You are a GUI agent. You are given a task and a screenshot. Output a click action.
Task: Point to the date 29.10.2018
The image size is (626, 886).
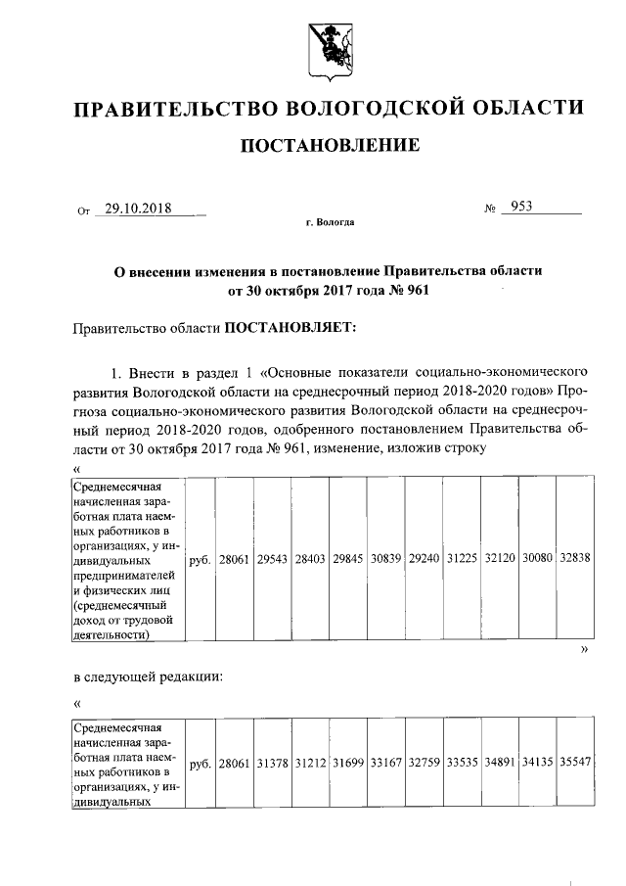pyautogui.click(x=137, y=209)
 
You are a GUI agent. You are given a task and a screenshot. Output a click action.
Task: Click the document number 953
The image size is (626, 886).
pyautogui.click(x=519, y=208)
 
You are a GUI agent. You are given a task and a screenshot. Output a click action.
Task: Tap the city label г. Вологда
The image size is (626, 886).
pyautogui.click(x=330, y=223)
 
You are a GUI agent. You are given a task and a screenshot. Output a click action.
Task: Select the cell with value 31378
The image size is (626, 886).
pyautogui.click(x=272, y=761)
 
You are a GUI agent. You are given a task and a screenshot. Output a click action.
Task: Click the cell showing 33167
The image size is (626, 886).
pyautogui.click(x=385, y=761)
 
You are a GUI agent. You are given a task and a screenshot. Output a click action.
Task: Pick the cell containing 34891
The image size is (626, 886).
pyautogui.click(x=500, y=761)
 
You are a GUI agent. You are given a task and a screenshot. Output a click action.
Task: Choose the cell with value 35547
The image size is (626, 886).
pyautogui.click(x=575, y=761)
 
